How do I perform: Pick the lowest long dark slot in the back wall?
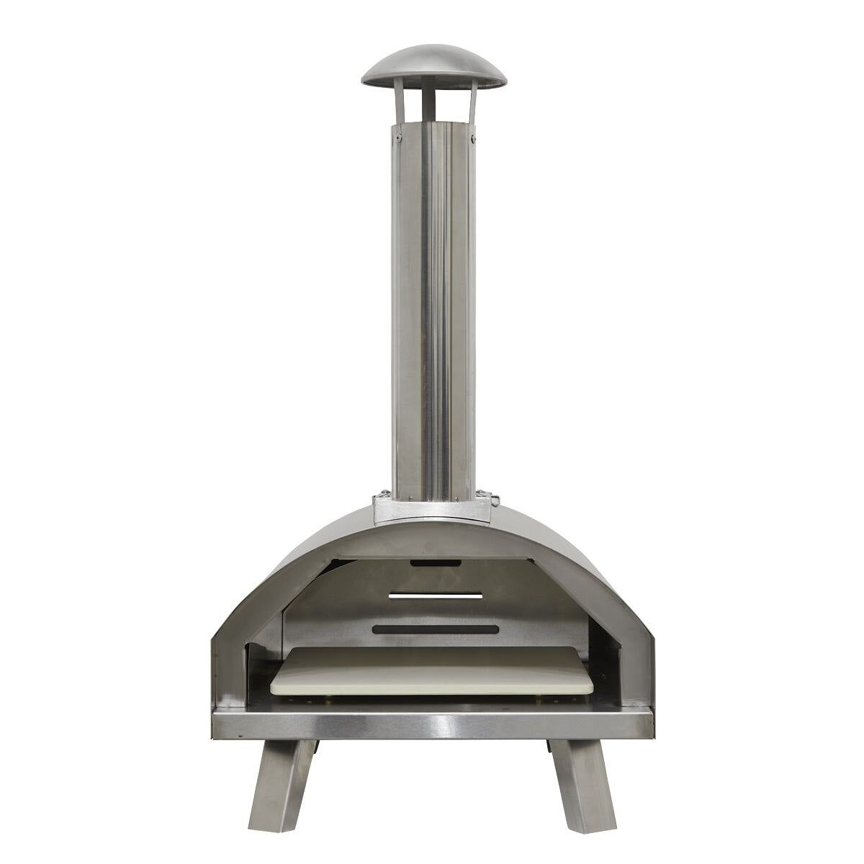click(435, 629)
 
